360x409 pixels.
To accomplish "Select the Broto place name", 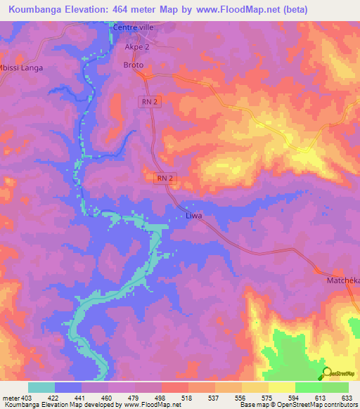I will pyautogui.click(x=134, y=65).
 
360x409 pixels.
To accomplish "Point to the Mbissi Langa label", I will pyautogui.click(x=21, y=67).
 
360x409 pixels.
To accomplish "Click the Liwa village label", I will pyautogui.click(x=193, y=216).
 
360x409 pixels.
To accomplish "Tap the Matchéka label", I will pyautogui.click(x=343, y=280).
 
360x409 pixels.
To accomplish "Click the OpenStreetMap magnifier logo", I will pyautogui.click(x=326, y=372).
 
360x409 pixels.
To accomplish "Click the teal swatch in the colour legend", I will pyautogui.click(x=41, y=387).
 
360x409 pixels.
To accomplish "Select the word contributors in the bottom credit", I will pyautogui.click(x=337, y=405).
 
